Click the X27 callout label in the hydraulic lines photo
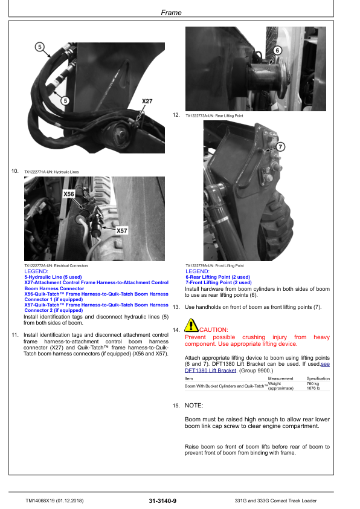tap(147, 101)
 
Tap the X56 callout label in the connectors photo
tap(69, 194)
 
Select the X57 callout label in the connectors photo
tap(121, 230)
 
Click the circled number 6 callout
tap(277, 51)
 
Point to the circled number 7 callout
tap(280, 146)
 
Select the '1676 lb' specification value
tap(313, 388)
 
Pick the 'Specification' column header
tap(318, 378)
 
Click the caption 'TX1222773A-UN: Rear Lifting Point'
tap(214, 115)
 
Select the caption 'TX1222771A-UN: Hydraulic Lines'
tap(51, 172)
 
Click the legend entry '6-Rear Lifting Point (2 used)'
tap(217, 277)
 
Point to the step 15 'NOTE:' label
tap(194, 405)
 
